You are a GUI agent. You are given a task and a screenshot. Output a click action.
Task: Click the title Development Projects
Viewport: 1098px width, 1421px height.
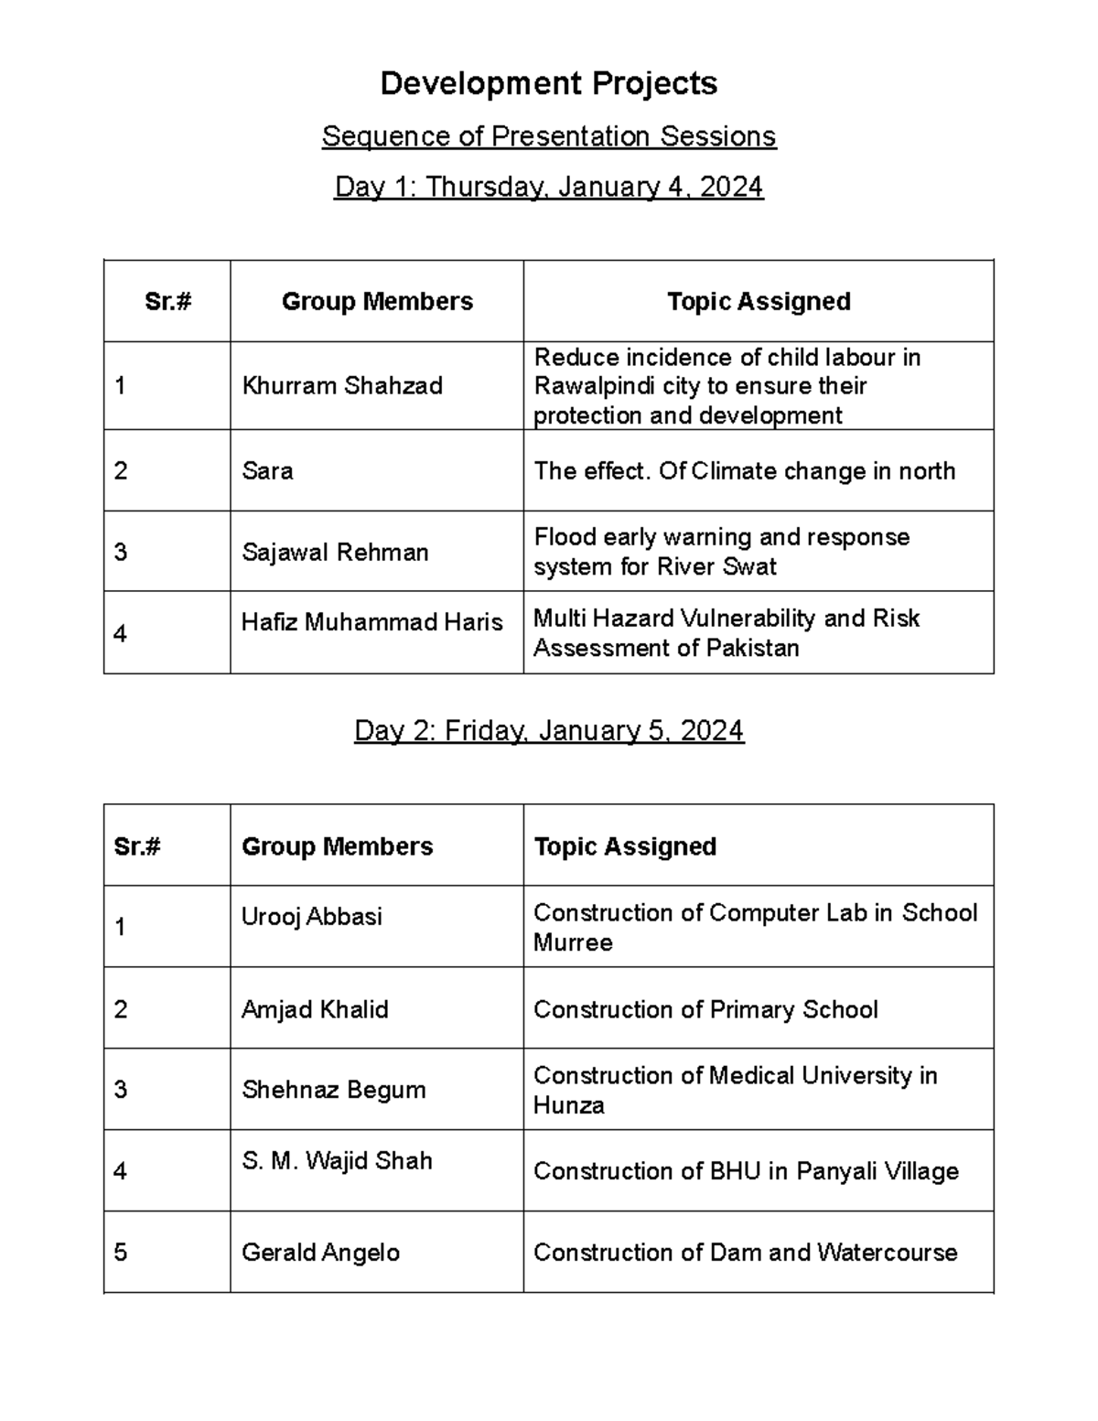coord(548,83)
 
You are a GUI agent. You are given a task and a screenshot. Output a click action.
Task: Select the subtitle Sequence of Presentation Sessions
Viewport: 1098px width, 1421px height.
coord(548,136)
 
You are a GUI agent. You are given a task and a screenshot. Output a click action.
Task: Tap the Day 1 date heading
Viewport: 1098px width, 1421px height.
coord(548,187)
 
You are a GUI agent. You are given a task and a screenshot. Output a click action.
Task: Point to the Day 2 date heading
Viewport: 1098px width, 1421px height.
coord(549,730)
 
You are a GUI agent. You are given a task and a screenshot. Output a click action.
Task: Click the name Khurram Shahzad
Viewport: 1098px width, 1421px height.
coord(342,385)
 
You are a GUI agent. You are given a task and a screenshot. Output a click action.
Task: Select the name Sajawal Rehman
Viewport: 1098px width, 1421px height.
coord(335,553)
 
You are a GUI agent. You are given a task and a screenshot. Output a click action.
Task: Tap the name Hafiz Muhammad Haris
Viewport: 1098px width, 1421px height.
coord(371,622)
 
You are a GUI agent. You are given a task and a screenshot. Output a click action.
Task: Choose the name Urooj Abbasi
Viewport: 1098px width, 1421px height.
coord(312,917)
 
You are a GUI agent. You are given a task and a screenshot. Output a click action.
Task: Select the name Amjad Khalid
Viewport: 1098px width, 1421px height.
coord(315,1009)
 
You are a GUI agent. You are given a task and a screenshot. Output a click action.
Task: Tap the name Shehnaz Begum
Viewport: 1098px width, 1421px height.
coord(334,1090)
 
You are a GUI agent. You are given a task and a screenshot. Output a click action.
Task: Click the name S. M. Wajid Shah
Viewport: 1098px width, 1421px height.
coord(337,1160)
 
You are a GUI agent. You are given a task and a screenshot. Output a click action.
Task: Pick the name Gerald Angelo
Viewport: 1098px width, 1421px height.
coord(320,1253)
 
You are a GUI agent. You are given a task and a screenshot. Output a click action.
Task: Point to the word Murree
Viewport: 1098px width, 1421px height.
coord(573,942)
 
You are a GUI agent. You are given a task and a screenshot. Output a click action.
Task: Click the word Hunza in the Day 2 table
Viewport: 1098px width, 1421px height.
coord(568,1105)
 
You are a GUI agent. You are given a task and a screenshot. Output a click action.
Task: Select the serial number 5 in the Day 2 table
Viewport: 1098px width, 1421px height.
coord(121,1253)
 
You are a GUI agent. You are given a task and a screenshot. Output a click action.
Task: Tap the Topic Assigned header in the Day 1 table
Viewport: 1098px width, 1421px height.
coord(759,301)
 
